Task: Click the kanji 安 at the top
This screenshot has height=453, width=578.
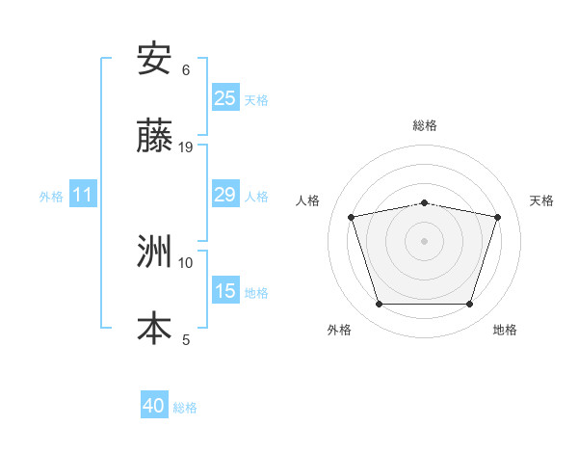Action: point(154,60)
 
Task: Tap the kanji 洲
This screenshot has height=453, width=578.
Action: point(154,253)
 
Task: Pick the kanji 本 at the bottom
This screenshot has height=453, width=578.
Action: point(154,328)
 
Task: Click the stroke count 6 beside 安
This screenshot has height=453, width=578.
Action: point(186,70)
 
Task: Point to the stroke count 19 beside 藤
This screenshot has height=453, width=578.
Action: point(186,147)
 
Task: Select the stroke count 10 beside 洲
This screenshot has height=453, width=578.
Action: point(186,262)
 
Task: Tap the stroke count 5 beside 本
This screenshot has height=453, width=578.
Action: point(186,339)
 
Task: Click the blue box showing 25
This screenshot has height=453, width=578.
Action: point(224,98)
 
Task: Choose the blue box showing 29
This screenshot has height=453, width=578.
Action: point(224,195)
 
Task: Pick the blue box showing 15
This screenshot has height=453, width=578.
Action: point(224,291)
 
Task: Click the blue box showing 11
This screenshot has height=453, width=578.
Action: point(83,195)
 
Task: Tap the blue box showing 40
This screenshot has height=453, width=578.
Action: point(154,406)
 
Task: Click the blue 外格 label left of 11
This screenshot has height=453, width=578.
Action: point(51,196)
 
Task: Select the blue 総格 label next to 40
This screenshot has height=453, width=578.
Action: point(185,408)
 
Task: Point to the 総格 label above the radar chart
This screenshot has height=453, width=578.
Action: point(424,125)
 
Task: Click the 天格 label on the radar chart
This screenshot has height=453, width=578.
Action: point(541,200)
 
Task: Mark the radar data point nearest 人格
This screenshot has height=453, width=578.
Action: point(352,217)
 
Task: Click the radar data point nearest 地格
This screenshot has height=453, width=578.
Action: point(469,305)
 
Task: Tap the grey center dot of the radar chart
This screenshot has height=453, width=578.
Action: point(424,241)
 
